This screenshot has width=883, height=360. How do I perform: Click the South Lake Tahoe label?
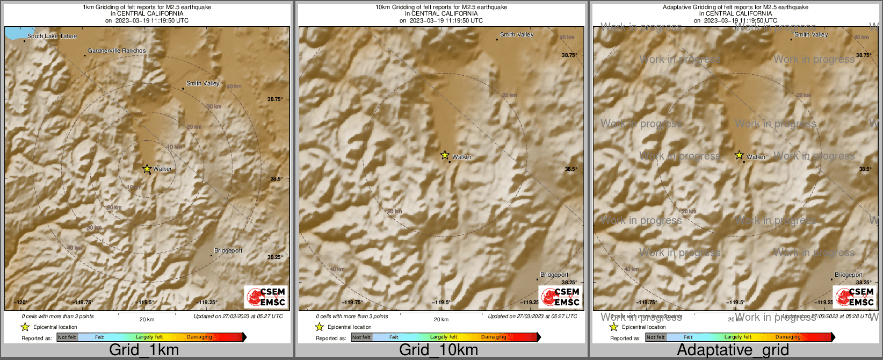click(x=52, y=37)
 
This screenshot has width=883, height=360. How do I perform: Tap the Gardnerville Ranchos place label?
click(x=117, y=51)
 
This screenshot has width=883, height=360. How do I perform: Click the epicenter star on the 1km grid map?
click(x=147, y=169)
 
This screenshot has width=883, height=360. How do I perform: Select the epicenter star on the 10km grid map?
click(x=445, y=155)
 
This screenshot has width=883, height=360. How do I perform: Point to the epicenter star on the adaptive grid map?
click(x=739, y=155)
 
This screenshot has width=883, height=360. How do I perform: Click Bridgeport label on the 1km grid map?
click(x=228, y=250)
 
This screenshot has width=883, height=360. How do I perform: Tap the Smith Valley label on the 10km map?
click(x=516, y=34)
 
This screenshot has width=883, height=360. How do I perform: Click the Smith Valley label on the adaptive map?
click(x=810, y=34)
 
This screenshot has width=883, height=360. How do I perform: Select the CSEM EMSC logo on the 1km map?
click(x=265, y=297)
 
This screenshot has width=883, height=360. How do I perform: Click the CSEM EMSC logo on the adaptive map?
click(x=854, y=297)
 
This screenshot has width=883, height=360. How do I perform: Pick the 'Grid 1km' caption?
click(x=144, y=350)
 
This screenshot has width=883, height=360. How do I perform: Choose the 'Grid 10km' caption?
click(x=438, y=350)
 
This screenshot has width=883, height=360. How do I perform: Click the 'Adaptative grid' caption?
click(x=733, y=350)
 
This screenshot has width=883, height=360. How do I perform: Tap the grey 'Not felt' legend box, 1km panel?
click(x=67, y=337)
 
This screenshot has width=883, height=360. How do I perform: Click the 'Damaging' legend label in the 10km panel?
click(x=494, y=337)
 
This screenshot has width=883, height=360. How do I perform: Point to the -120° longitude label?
click(x=20, y=302)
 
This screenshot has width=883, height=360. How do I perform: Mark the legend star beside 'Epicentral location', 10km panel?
click(x=319, y=327)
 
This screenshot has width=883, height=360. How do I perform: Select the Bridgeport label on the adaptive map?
click(x=848, y=275)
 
